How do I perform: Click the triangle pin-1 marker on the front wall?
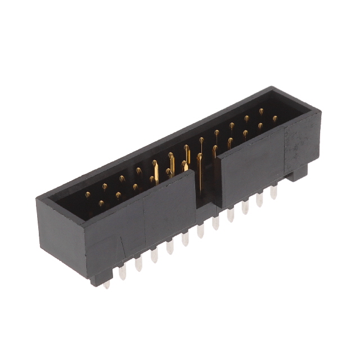(x=121, y=245)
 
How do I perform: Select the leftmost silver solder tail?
(x=106, y=283)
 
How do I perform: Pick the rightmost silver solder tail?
(x=273, y=192)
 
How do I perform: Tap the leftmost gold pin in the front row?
(x=102, y=204)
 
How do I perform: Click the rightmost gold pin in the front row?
(x=275, y=119)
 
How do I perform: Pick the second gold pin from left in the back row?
(x=105, y=186)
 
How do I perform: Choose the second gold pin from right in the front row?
(x=260, y=127)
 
